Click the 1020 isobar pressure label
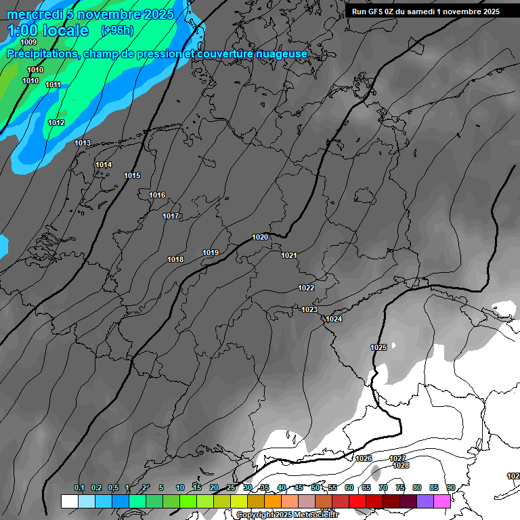point(260,237)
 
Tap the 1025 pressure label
point(378,347)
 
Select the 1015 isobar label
point(132,176)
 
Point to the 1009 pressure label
point(28,43)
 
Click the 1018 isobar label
point(175,259)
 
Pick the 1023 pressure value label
point(309,309)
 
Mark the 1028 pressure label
point(401,466)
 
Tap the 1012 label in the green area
point(56,123)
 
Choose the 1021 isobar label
point(289,255)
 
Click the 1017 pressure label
point(171,217)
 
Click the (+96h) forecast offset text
point(117,30)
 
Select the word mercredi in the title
point(35,14)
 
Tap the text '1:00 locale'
point(47,30)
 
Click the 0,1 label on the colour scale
point(79,488)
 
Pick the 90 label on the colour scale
point(450,488)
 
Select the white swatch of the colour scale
point(70,501)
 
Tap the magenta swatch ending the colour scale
point(442,501)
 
